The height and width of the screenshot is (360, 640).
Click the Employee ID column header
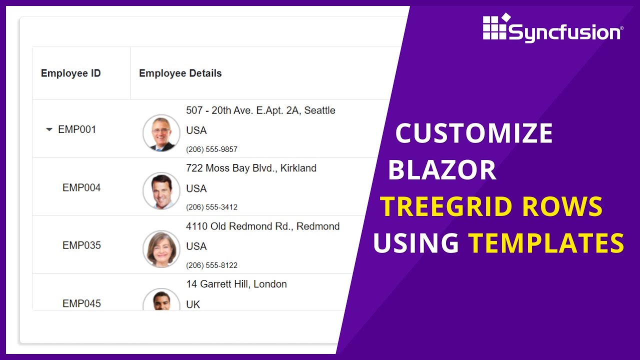click(x=70, y=73)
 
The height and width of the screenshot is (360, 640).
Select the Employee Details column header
click(x=180, y=73)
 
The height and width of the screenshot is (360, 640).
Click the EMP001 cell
click(x=77, y=129)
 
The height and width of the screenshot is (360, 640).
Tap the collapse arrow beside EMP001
click(x=49, y=129)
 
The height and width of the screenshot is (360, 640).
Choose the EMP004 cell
click(x=81, y=187)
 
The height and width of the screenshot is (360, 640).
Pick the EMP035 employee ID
click(x=81, y=245)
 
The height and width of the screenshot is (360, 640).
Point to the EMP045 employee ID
click(x=81, y=303)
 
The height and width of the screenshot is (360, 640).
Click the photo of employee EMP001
click(x=161, y=133)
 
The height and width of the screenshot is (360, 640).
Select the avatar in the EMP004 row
click(x=161, y=191)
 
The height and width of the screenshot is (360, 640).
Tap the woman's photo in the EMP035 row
click(x=161, y=249)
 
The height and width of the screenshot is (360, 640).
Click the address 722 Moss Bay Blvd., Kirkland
click(x=251, y=168)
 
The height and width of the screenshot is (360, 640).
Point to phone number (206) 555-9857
click(x=211, y=149)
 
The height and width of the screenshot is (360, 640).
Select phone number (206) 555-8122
click(x=211, y=265)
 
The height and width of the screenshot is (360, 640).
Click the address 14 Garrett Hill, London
click(x=236, y=284)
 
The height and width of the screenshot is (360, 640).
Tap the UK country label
click(x=193, y=304)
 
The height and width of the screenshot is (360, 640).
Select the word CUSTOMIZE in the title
click(x=474, y=133)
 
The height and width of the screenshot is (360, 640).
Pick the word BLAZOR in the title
click(x=442, y=170)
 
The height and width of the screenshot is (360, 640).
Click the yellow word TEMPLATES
click(x=546, y=243)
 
